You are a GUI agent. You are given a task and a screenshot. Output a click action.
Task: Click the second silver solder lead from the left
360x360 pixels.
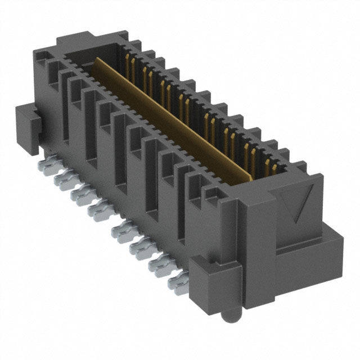[x=62, y=180]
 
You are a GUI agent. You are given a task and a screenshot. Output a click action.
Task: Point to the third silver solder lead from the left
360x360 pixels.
[x=79, y=194]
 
